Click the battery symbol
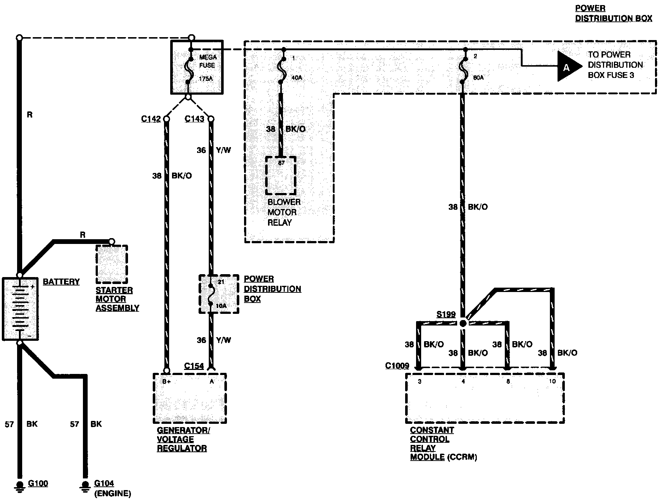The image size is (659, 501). pos(20,309)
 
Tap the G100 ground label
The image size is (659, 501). pos(38,484)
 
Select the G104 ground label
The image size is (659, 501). pos(104,484)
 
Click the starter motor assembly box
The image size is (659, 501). pos(112,264)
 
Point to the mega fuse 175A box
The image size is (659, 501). pos(197,67)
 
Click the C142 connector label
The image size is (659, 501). pos(151,119)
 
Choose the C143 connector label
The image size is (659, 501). pos(194,119)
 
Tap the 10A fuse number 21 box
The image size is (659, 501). pos(219,294)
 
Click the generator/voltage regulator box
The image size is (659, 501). pos(189,398)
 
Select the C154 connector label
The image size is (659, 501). pos(194,366)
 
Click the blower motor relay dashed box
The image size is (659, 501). pos(280,175)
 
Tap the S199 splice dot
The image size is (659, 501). pos(463,323)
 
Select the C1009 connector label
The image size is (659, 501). pos(397,366)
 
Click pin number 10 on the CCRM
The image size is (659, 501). pos(552,382)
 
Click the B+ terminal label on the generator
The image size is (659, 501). pos(167,382)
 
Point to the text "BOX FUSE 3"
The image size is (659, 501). pos(611,75)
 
